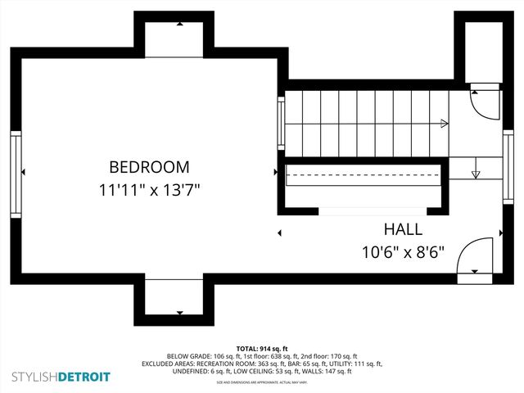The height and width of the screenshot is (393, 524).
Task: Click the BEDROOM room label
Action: coord(149,167)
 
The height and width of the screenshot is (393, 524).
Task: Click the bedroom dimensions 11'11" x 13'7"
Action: coord(149,190)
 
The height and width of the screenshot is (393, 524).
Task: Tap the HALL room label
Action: coord(403,230)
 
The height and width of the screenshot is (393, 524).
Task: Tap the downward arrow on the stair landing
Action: coord(476,174)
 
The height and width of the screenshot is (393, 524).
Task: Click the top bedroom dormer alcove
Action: coord(179,38)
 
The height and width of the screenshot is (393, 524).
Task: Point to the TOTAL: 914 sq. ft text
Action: coord(262,349)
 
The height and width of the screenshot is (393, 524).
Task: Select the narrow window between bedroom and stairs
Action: coord(282,123)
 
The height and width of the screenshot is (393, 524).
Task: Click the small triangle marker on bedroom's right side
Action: coord(276,172)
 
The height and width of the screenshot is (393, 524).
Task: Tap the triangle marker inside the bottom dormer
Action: coord(179,313)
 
